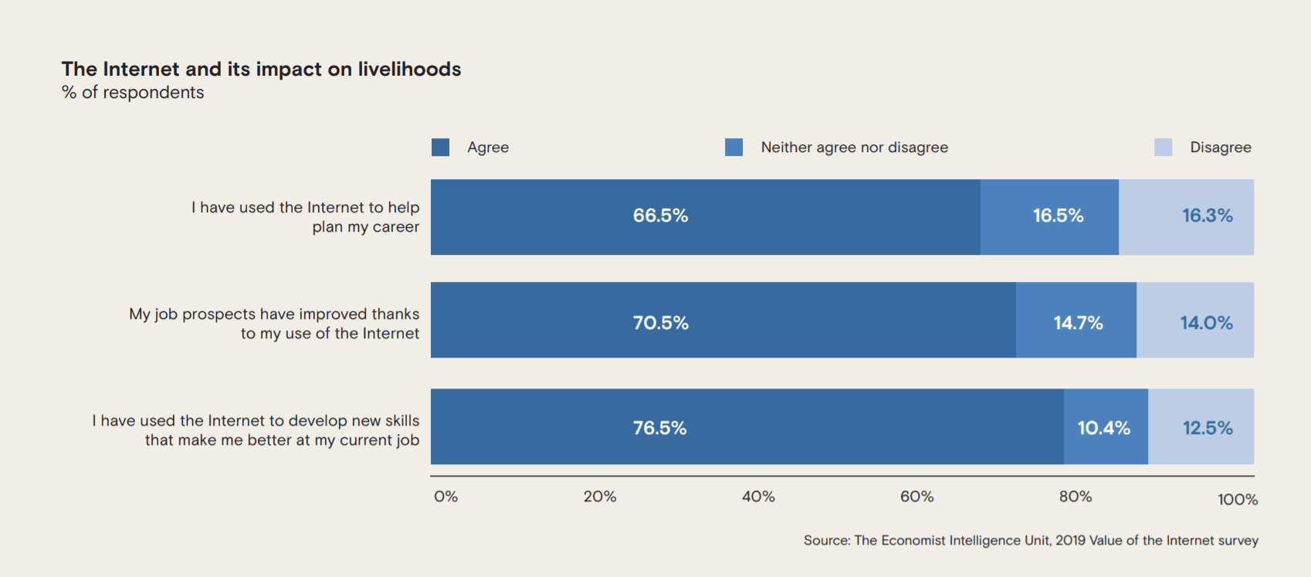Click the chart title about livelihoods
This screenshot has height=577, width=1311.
[x=261, y=69]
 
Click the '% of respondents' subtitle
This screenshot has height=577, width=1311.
[x=133, y=93]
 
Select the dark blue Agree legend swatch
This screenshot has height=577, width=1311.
[x=440, y=147]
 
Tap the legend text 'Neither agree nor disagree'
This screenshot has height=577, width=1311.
[x=854, y=147]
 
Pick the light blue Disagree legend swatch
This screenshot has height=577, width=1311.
[x=1163, y=147]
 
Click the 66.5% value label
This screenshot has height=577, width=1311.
[x=660, y=216]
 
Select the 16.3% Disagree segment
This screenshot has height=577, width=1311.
[x=1187, y=216]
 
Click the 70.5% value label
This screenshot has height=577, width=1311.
[x=660, y=322]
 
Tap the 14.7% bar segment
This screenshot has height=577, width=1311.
[x=1076, y=321]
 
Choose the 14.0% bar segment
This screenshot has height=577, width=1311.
[x=1195, y=321]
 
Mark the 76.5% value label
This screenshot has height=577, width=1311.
[x=659, y=428]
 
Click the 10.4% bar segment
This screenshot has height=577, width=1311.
[x=1106, y=427]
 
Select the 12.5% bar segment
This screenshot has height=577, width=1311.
[x=1201, y=427]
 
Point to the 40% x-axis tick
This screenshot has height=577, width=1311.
[x=758, y=497]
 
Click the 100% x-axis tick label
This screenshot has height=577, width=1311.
[x=1237, y=500]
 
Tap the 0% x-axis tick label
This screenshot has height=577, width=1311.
[x=445, y=497]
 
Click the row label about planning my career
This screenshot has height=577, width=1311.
[x=306, y=217]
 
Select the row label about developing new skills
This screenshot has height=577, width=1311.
[x=256, y=430]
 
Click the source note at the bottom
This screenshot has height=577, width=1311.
[x=1030, y=541]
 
